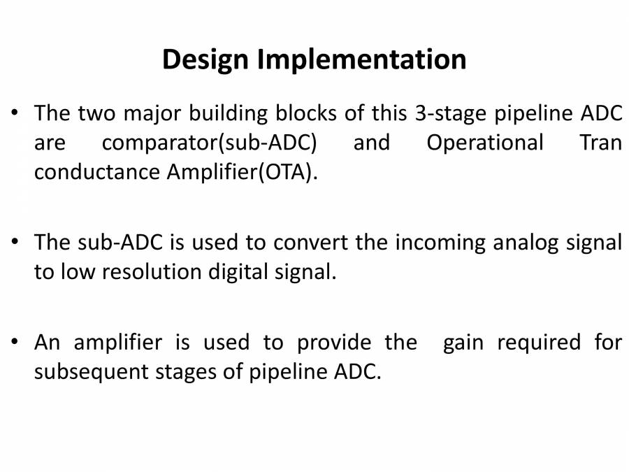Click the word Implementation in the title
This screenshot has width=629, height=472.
click(361, 60)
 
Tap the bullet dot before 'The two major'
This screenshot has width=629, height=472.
click(15, 113)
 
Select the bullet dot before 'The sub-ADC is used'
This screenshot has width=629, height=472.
click(15, 243)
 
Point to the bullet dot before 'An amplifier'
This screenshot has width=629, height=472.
click(15, 343)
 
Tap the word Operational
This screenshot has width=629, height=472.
click(485, 143)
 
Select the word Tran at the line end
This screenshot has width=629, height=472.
click(600, 143)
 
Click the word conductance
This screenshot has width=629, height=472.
click(97, 173)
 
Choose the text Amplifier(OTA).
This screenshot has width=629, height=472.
click(242, 173)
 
